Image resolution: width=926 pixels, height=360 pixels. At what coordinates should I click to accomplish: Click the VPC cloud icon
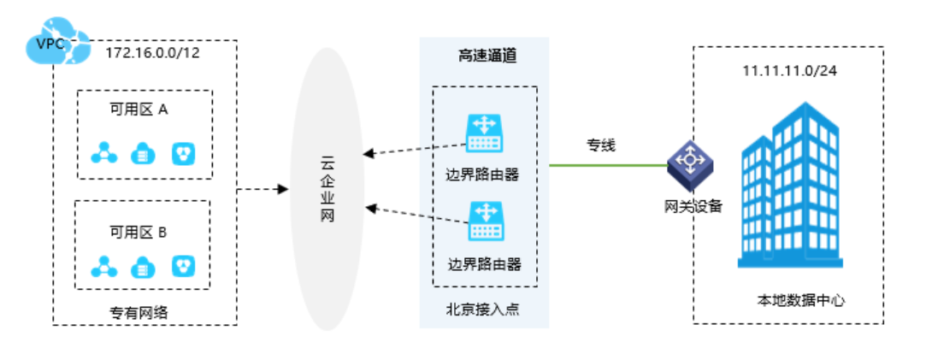[55, 43]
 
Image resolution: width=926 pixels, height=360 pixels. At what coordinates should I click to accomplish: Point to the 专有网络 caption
[139, 312]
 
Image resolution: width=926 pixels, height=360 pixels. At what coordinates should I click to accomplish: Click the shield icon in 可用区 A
[183, 154]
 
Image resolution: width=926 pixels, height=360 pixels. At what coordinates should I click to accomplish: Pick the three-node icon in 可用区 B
[104, 266]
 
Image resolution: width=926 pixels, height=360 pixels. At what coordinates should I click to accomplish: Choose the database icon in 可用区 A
[142, 155]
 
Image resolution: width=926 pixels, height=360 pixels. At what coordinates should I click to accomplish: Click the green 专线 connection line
[607, 164]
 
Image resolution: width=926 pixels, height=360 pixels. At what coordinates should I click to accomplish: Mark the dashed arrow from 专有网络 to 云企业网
[262, 189]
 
